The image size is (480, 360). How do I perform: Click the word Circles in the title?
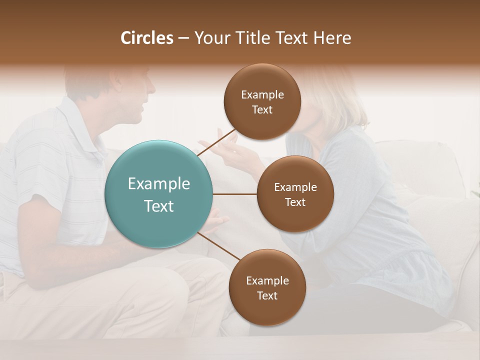(x=147, y=38)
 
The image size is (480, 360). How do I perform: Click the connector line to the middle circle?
(x=235, y=194)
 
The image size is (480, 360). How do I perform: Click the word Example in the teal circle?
(x=159, y=184)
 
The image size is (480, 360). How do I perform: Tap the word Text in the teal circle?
(x=159, y=206)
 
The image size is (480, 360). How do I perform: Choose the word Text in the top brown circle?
(x=262, y=109)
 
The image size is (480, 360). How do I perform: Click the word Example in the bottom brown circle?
(x=267, y=281)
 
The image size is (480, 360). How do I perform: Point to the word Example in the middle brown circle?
(x=295, y=187)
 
